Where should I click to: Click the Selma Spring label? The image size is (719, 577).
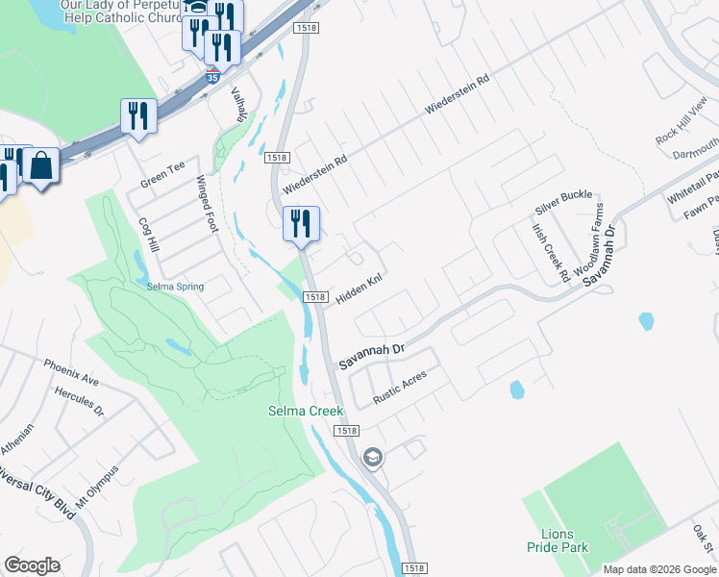click(x=175, y=287)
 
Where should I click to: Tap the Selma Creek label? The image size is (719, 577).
click(x=305, y=411)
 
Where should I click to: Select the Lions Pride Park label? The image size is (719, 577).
click(x=550, y=540)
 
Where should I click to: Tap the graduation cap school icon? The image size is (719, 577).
click(x=372, y=459)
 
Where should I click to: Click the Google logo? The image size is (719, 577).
click(x=32, y=565)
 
